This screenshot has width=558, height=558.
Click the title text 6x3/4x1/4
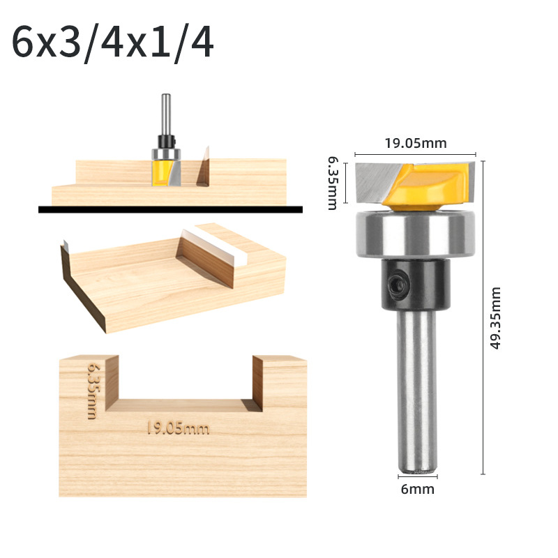pyautogui.click(x=112, y=43)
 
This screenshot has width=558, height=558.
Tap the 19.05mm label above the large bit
pyautogui.click(x=415, y=143)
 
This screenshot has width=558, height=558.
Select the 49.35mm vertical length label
pyautogui.click(x=495, y=318)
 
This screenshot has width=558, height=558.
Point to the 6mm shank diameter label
pyautogui.click(x=417, y=490)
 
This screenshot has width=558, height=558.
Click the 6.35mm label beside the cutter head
pyautogui.click(x=333, y=183)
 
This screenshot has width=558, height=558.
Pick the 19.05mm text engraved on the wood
pyautogui.click(x=179, y=428)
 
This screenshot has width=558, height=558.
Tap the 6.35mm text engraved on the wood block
pyautogui.click(x=93, y=391)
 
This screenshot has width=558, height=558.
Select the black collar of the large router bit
pyautogui.click(x=416, y=284)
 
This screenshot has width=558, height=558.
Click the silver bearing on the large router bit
pyautogui.click(x=415, y=233)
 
